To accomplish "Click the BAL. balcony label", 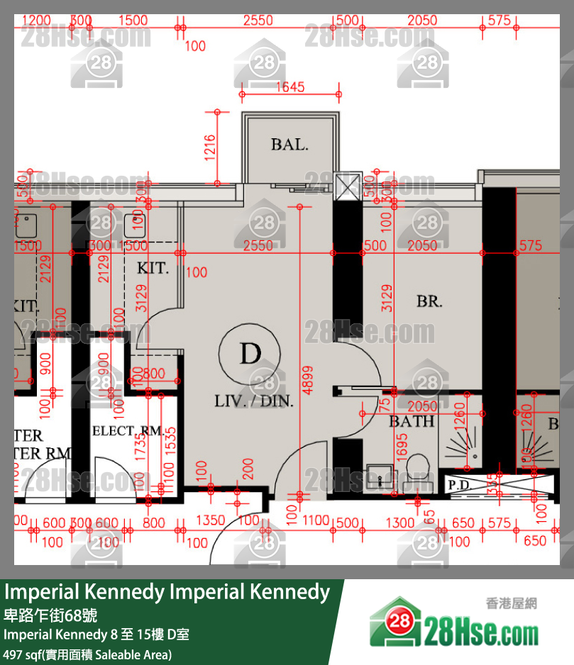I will pos(289,145).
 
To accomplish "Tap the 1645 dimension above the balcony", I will pos(289,87).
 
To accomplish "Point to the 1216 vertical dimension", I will pos(210,147).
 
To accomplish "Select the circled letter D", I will pos(250,353).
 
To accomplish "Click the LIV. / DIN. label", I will pos(254,401).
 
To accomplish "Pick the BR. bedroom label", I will pos(429,301).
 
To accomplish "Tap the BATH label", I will pos(412,422).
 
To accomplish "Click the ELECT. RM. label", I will pos(128,431).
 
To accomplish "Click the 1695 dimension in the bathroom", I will pos(402,445).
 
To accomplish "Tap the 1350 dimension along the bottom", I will pos(210,522).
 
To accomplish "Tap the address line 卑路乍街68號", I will pos(51,614).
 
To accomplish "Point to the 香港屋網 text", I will pos(511,604).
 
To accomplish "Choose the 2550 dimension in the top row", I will pos(258,21).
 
